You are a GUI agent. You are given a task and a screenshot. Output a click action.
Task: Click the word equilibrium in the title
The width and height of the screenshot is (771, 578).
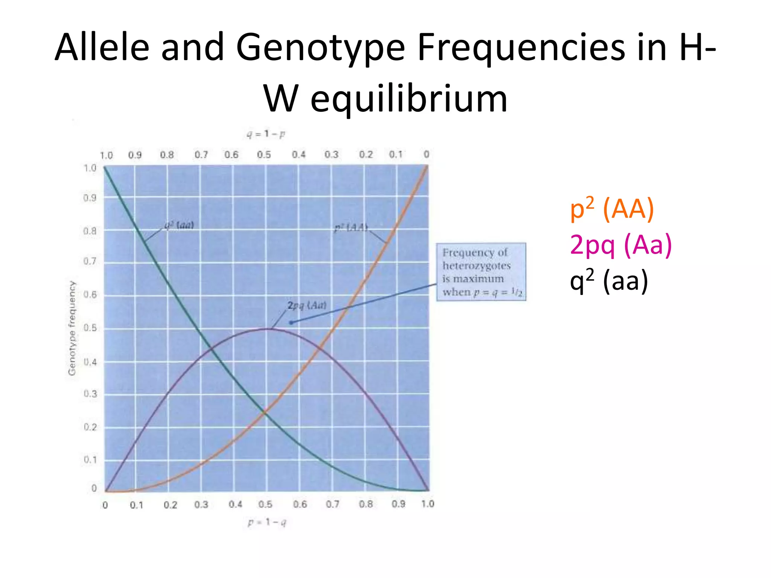click(x=409, y=99)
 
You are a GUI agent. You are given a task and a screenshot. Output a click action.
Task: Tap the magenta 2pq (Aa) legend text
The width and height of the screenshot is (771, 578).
click(x=620, y=245)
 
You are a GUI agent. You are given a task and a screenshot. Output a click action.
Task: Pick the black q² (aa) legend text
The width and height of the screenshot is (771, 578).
click(x=609, y=281)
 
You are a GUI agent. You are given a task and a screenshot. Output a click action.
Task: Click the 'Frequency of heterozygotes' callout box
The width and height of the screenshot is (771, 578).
click(x=481, y=272)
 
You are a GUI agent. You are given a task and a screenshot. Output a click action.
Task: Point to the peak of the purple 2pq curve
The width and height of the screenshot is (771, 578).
click(x=267, y=329)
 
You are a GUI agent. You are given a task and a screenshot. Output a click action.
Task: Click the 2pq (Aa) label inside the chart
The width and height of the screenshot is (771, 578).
click(x=306, y=305)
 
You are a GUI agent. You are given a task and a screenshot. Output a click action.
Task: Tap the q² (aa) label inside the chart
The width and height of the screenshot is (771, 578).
click(x=179, y=225)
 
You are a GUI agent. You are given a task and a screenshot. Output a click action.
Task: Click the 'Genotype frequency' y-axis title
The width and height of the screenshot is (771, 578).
click(x=72, y=328)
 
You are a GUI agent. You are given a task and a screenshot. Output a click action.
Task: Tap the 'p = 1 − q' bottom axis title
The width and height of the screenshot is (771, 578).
click(x=267, y=522)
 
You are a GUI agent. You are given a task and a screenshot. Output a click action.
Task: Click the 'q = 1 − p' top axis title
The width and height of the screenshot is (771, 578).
click(x=266, y=134)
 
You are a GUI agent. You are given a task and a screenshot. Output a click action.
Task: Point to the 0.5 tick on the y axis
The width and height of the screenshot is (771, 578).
click(x=90, y=328)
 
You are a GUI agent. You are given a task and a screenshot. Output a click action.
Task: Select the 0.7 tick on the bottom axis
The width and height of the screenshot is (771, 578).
click(x=332, y=504)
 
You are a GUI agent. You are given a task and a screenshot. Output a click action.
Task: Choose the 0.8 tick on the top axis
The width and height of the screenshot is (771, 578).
click(x=167, y=155)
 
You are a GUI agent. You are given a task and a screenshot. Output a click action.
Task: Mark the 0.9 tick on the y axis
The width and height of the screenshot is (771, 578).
click(x=90, y=198)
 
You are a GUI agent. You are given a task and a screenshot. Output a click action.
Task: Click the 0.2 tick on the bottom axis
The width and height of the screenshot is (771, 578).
click(x=170, y=505)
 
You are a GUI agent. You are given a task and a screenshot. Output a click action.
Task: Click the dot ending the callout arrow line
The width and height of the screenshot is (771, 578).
click(x=291, y=322)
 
